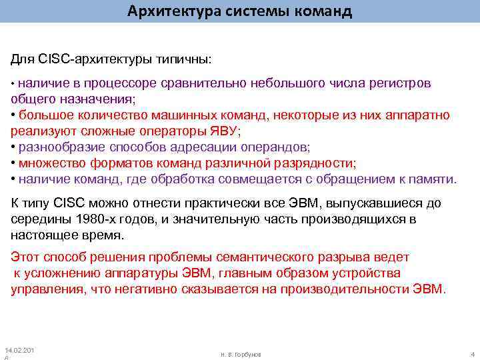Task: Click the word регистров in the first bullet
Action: (399, 83)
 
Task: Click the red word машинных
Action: (176, 115)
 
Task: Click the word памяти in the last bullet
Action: (435, 179)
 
